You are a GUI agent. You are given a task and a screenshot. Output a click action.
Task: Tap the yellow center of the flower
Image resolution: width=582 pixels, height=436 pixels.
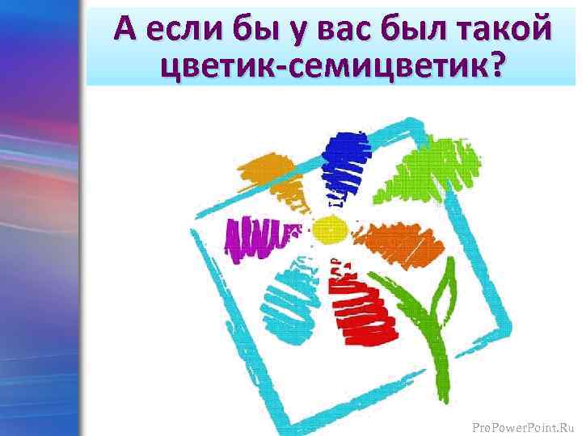point(329,231)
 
